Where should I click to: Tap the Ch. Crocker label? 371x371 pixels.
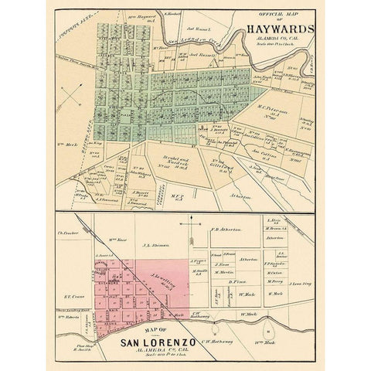tap(70, 230)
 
